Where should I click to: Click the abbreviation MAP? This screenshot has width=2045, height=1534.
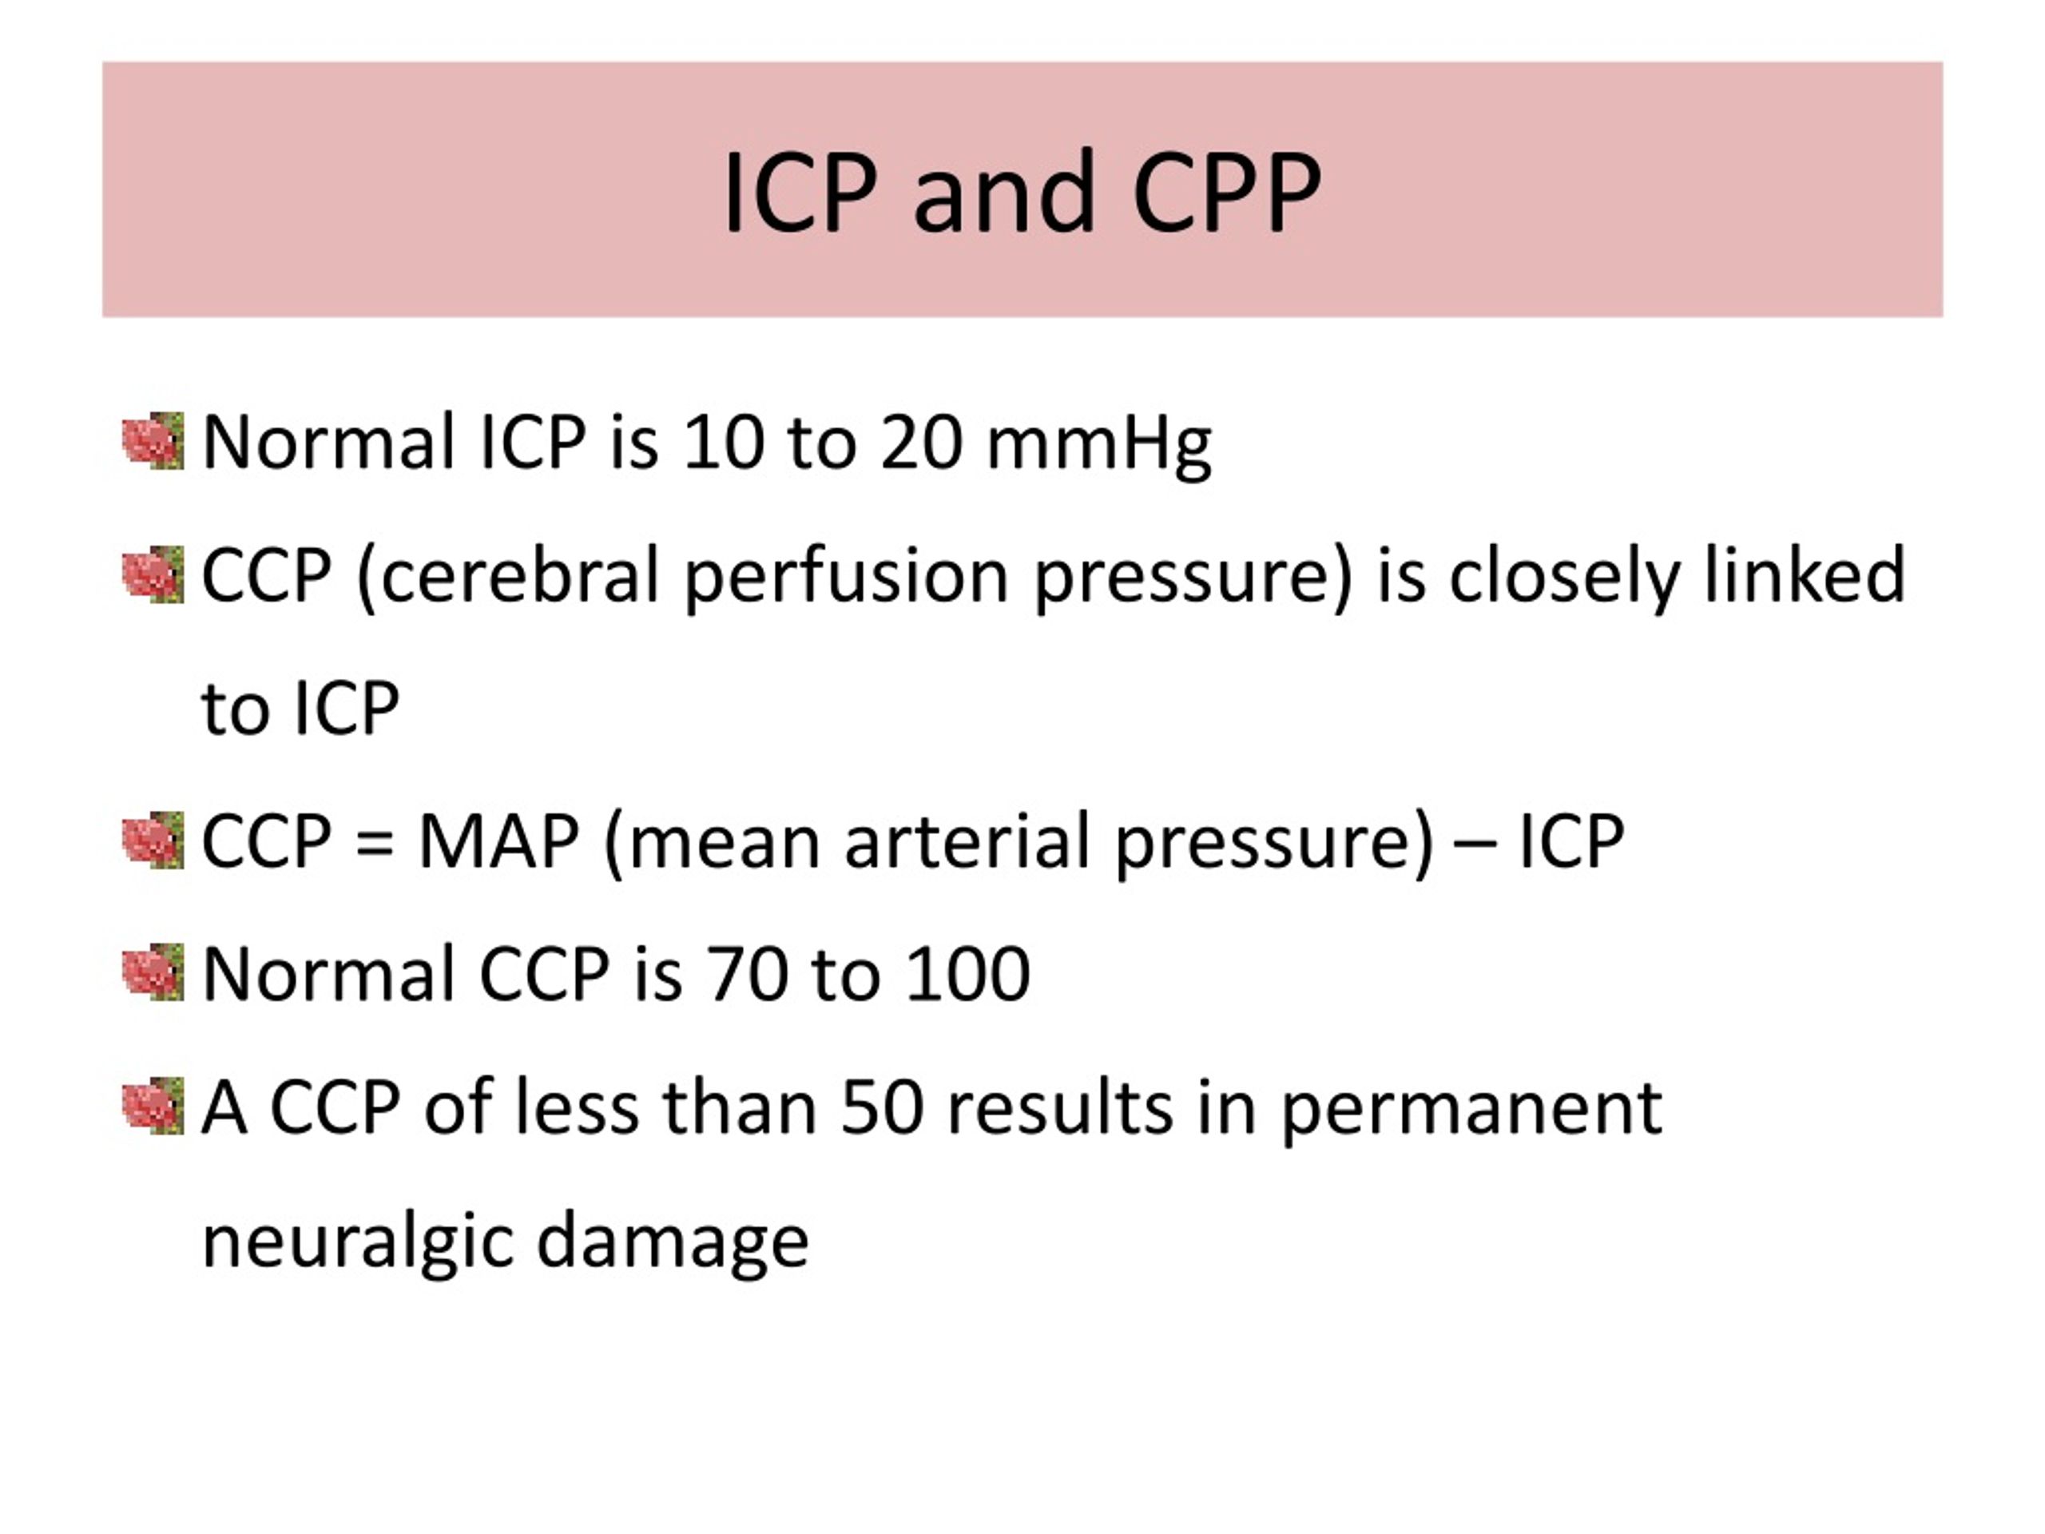(x=499, y=841)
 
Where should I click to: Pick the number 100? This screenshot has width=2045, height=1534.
(x=967, y=975)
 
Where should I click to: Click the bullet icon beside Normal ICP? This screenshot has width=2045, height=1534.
(x=153, y=441)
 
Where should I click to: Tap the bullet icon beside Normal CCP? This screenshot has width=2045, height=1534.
(x=153, y=973)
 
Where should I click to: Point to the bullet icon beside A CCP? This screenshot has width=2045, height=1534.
(x=153, y=1106)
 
